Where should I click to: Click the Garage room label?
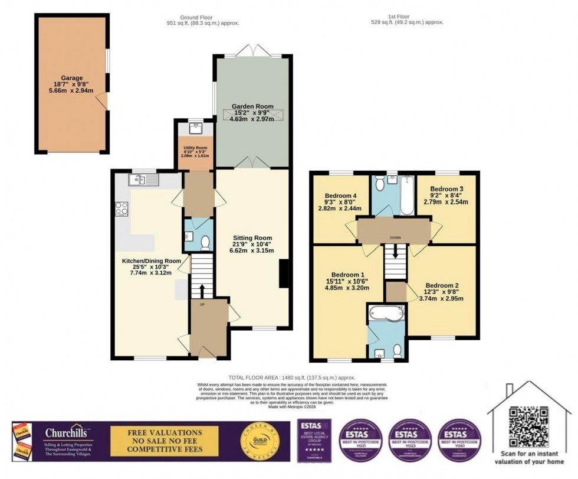coord(71,77)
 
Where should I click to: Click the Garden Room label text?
coord(252,106)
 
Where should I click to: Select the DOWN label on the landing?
coord(395,238)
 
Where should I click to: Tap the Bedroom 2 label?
coord(442,285)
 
